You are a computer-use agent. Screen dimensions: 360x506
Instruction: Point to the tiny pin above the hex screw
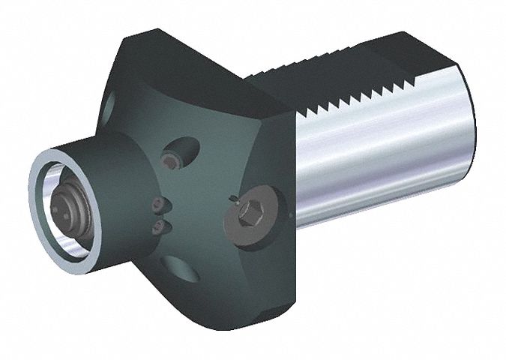pos(234,198)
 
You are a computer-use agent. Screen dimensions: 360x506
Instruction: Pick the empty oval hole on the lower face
pos(178,268)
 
